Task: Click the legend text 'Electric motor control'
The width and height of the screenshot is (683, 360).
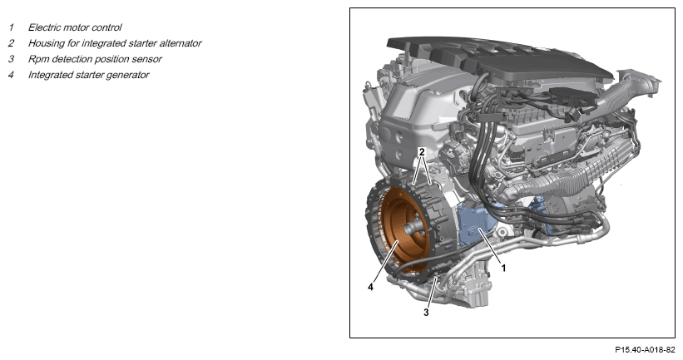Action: [75, 27]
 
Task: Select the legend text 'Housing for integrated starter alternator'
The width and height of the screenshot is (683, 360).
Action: [115, 43]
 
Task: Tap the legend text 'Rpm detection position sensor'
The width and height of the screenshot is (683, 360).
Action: [95, 59]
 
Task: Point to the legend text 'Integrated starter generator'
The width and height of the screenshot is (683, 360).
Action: [88, 75]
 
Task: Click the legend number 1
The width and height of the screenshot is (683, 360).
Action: [11, 27]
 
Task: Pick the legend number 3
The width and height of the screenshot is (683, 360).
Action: [11, 59]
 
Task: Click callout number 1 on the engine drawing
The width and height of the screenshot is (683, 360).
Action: [503, 269]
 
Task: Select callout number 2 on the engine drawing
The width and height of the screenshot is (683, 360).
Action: [421, 152]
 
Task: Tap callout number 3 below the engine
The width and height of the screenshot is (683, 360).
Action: [426, 313]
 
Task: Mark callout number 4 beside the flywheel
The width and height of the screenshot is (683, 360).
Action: [370, 288]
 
